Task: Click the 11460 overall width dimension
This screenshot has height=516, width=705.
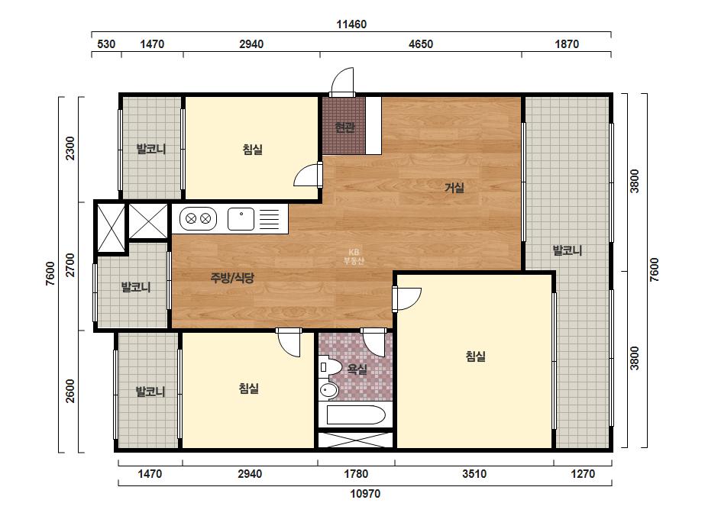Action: [351, 24]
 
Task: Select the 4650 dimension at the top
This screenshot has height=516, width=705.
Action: [421, 44]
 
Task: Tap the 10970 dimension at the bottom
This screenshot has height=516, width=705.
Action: [365, 494]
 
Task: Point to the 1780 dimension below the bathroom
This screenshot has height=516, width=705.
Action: [356, 474]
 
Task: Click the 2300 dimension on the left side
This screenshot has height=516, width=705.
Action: [70, 148]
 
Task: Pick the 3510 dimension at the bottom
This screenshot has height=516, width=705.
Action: [474, 474]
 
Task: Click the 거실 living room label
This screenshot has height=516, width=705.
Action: [454, 188]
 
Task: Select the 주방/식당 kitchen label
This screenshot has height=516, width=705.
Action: [232, 278]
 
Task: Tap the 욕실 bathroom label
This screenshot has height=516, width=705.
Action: [357, 369]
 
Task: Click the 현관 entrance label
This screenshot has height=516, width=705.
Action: [344, 127]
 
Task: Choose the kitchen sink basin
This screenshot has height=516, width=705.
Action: [241, 219]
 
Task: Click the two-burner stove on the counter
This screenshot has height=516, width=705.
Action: [199, 219]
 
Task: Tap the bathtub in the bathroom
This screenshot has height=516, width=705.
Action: [356, 415]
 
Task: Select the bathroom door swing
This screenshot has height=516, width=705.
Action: [374, 343]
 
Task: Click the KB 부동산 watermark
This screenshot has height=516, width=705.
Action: [354, 256]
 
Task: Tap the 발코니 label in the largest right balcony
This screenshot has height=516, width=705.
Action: [568, 250]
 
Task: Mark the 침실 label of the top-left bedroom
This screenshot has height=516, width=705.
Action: [253, 149]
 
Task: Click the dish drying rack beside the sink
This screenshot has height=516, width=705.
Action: [270, 219]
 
